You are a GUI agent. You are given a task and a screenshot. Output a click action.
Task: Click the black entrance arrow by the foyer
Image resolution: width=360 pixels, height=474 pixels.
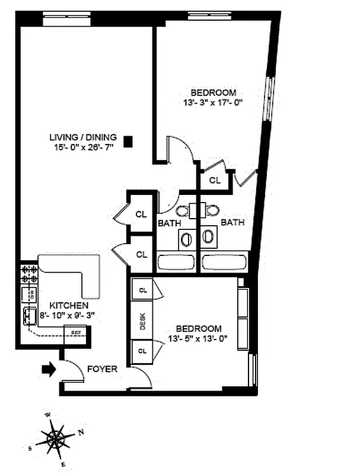pyautogui.click(x=48, y=369)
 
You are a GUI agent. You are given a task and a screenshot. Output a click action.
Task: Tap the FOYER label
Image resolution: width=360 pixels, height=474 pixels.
pyautogui.click(x=102, y=369)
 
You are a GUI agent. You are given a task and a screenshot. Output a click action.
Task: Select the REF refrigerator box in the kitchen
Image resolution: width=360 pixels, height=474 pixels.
pyautogui.click(x=77, y=332)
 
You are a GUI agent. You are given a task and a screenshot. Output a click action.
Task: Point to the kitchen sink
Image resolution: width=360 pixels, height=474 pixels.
pyautogui.click(x=30, y=316)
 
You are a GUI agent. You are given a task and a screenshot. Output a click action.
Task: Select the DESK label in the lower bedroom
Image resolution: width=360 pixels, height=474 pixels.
pyautogui.click(x=143, y=321)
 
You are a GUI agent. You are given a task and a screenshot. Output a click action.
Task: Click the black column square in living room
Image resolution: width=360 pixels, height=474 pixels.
pyautogui.click(x=128, y=141)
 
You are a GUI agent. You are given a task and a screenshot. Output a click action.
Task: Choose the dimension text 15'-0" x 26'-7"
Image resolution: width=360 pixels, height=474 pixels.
pyautogui.click(x=83, y=146)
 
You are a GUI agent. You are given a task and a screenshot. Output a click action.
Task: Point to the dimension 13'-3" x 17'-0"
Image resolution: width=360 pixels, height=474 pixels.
pyautogui.click(x=214, y=102)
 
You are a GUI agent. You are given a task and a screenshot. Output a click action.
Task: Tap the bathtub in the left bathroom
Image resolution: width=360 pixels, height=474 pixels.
pyautogui.click(x=176, y=262)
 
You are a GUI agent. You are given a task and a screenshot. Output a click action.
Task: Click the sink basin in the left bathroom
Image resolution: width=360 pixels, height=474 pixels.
pyautogui.click(x=186, y=239)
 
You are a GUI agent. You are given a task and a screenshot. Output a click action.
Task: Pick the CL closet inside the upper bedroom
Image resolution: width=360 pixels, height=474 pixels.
pyautogui.click(x=215, y=180)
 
